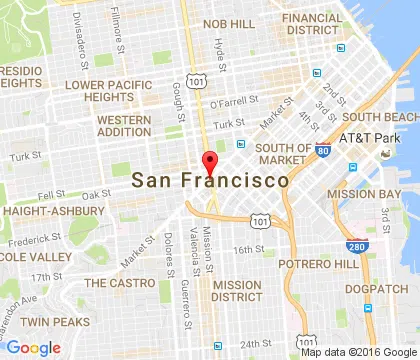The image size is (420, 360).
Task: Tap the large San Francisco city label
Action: click(210, 181)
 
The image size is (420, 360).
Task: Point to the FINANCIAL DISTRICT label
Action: click(311, 25)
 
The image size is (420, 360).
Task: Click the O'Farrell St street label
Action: click(231, 103)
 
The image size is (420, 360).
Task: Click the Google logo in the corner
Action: click(33, 347)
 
